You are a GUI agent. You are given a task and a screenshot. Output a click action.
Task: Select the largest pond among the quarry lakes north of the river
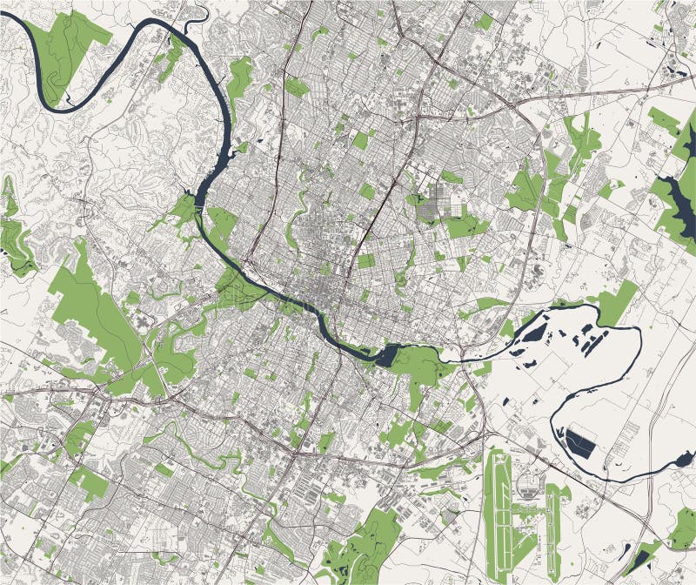click(x=528, y=340)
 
